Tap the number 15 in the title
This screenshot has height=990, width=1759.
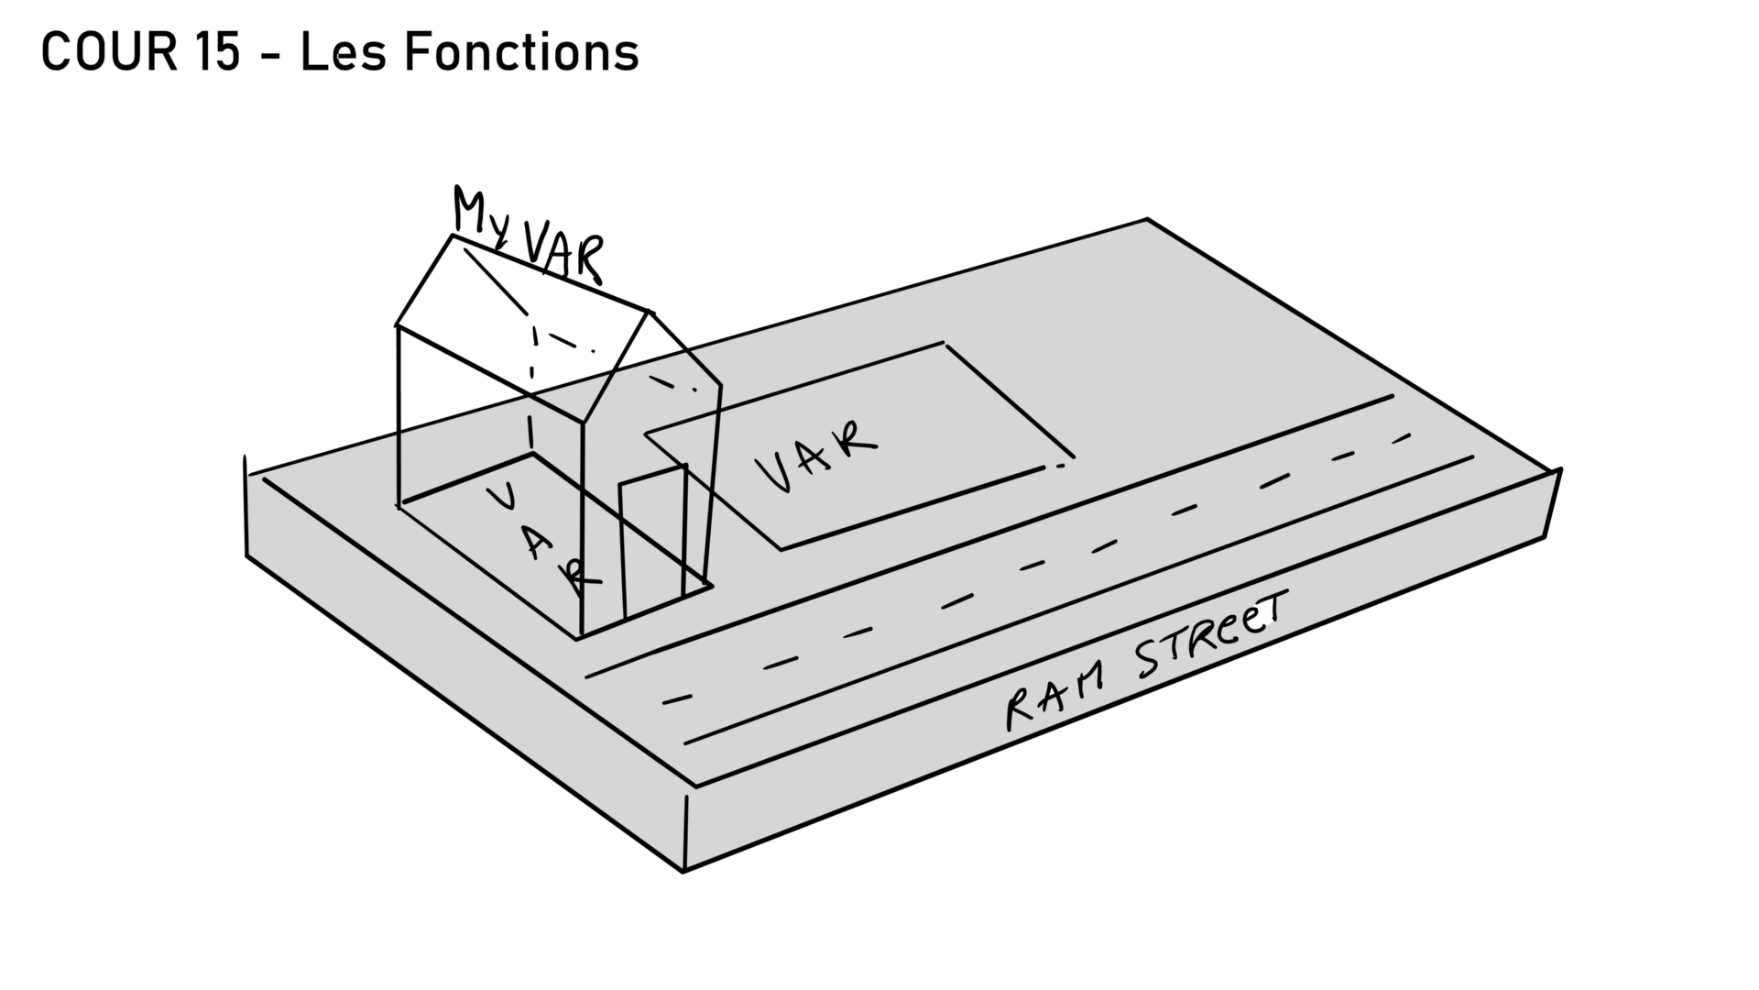pyautogui.click(x=218, y=52)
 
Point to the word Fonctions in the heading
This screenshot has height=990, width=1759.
pyautogui.click(x=521, y=52)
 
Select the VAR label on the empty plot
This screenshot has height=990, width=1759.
pyautogui.click(x=815, y=456)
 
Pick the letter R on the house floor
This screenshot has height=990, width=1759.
pyautogui.click(x=579, y=575)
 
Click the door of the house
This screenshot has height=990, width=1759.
pyautogui.click(x=653, y=541)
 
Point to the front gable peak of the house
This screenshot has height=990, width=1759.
pyautogui.click(x=650, y=312)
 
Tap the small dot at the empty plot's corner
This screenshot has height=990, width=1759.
pyautogui.click(x=1061, y=467)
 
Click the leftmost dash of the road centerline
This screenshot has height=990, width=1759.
pyautogui.click(x=677, y=699)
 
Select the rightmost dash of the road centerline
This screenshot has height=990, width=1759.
pyautogui.click(x=1402, y=437)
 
